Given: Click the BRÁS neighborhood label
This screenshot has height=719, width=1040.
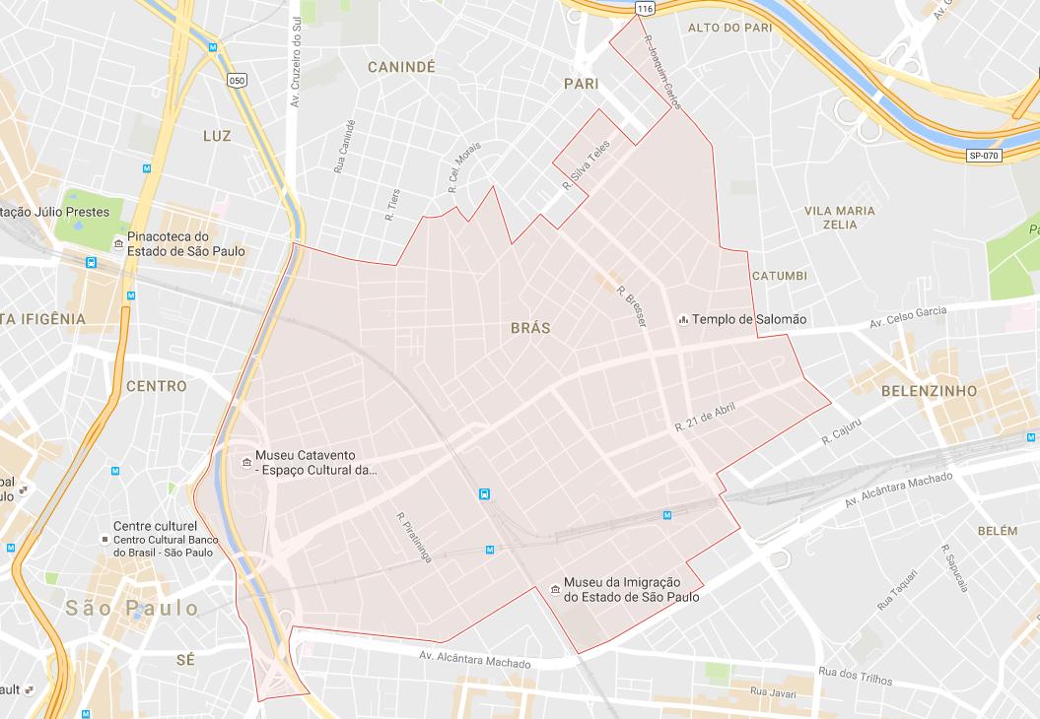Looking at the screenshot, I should pos(530,328).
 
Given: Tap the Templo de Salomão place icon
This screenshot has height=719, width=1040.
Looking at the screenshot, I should pos(683,319).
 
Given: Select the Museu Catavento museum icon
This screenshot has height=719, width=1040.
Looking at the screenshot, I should pos(245,463).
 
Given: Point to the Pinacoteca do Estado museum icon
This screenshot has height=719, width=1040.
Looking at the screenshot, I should pos(118,243).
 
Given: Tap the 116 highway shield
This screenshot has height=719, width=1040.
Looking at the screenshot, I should pos(645,8).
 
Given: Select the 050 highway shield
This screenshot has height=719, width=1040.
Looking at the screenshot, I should pos(236,81).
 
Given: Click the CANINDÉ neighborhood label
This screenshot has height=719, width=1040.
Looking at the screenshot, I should pos(401,67).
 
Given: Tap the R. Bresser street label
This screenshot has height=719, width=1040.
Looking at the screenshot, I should pos(630,306).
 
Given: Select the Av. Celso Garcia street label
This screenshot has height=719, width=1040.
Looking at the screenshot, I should pos(907,318).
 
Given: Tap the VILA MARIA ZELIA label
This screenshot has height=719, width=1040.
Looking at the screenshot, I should pos(840,218).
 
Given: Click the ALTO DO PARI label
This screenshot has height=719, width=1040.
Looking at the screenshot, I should pos(729,28).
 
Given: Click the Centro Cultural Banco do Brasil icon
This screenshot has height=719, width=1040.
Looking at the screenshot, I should pos(104,539).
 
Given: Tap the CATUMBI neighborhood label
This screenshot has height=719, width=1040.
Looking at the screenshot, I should pos(779,275).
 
